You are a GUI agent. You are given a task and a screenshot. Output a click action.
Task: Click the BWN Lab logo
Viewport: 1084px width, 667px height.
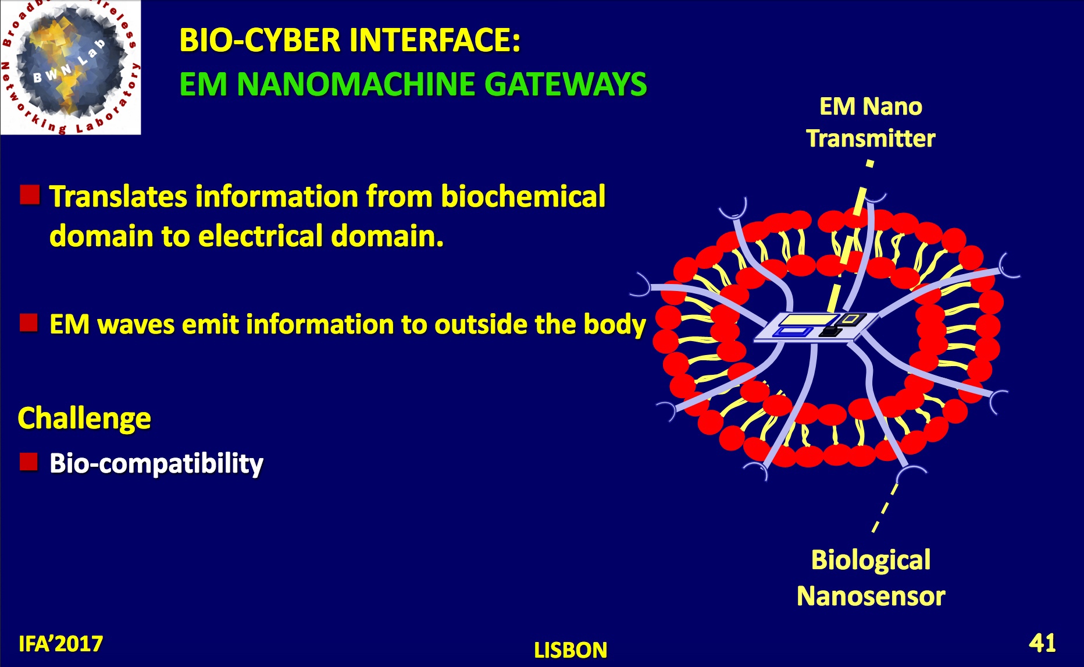70,67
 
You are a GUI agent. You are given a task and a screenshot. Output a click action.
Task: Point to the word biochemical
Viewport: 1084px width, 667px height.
523,196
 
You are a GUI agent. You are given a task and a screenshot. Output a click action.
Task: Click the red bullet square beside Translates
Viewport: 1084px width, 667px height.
30,195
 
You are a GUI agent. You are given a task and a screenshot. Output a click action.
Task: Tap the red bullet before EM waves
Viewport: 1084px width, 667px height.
29,322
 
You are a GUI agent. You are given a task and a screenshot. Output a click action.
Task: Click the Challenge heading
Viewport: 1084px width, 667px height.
84,418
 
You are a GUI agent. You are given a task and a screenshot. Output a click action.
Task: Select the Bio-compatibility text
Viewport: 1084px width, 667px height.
156,464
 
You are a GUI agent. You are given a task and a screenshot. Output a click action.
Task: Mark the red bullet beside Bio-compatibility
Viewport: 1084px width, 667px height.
29,462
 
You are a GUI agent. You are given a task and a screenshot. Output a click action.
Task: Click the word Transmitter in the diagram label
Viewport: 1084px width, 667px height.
871,139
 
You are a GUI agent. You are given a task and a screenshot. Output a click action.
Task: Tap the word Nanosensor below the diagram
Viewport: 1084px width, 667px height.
871,596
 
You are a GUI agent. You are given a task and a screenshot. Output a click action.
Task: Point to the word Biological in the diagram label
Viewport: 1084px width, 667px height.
871,560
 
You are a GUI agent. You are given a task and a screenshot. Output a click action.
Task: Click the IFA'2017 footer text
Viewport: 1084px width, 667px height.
60,644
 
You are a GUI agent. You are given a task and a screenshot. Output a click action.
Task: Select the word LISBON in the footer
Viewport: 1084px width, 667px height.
570,650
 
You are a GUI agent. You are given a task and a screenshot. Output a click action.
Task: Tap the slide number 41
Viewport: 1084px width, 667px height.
1042,643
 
